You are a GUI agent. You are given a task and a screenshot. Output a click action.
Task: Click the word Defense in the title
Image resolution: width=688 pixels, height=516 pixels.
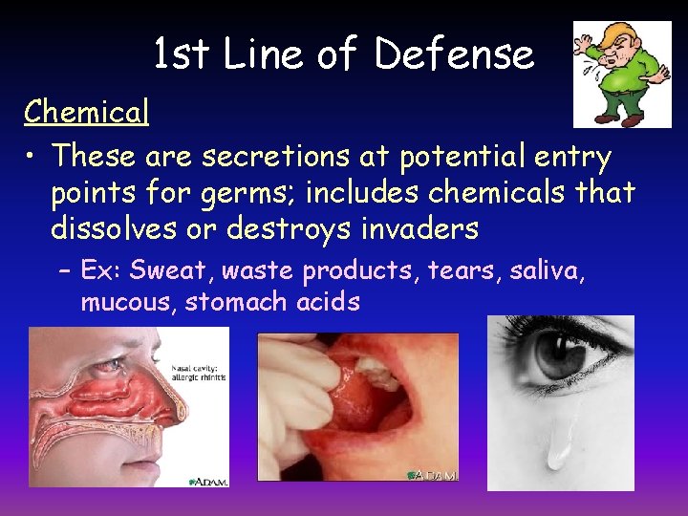click(x=454, y=54)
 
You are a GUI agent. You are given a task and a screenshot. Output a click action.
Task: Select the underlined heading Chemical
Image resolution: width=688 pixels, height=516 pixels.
click(x=87, y=113)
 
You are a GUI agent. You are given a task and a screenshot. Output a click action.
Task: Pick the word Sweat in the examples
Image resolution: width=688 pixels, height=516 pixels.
click(x=171, y=270)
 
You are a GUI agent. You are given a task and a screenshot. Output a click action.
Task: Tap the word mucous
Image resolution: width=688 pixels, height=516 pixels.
click(x=128, y=303)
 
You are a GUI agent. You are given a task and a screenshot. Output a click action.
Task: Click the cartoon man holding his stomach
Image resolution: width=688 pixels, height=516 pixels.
click(x=621, y=75)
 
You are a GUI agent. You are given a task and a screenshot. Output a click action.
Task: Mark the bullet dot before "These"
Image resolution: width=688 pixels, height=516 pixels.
click(x=32, y=155)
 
